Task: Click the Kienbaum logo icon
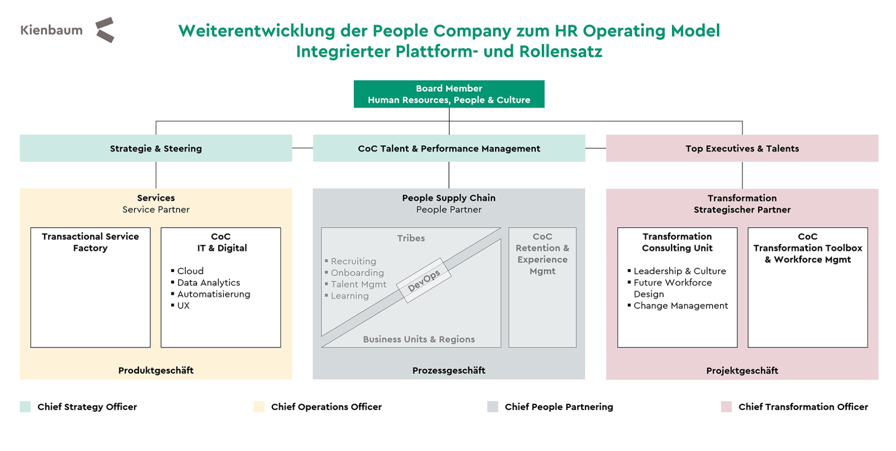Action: point(105,30)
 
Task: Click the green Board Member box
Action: point(448,94)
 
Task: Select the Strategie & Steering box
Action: point(156,148)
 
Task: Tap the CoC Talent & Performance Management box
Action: point(448,148)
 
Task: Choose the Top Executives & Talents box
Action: point(742,148)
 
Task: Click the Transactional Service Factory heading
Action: point(90,242)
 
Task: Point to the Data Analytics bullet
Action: point(208,283)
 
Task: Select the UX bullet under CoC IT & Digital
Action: point(183,306)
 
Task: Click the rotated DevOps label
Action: point(423,280)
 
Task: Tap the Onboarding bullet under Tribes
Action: point(357,273)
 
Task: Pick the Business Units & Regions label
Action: point(419,339)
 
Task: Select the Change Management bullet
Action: point(680,306)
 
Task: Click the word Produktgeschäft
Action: point(156,370)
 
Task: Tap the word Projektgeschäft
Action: point(742,371)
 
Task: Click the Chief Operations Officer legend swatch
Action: point(259,407)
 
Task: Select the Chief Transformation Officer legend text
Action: point(803,407)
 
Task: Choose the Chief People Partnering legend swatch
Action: point(492,407)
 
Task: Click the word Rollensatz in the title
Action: point(560,51)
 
